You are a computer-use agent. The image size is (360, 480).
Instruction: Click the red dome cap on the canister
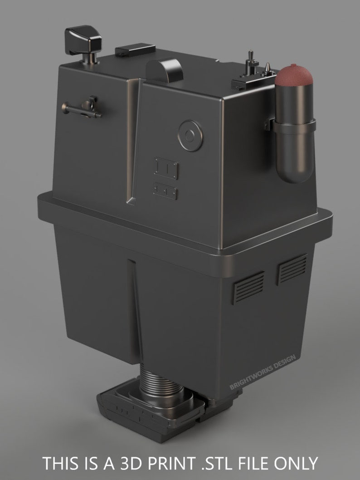296,75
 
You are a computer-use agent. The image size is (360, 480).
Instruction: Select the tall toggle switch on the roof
249,64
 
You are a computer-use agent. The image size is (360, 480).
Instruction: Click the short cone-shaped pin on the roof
268,70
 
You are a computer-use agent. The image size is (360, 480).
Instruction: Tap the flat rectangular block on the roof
135,50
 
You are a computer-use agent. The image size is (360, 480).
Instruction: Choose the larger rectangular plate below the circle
166,168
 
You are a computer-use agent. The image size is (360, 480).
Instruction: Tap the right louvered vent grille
292,268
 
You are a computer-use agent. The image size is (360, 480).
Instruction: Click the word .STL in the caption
210,464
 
